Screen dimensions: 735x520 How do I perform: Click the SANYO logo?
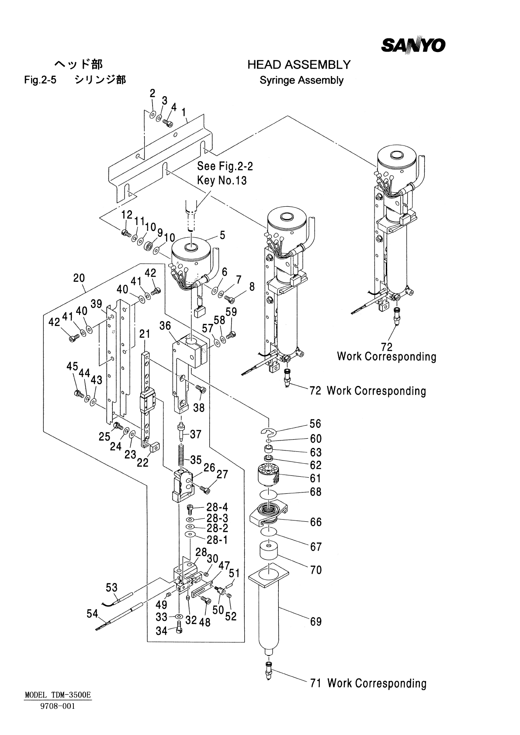click(413, 45)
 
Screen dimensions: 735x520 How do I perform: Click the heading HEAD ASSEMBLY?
click(299, 65)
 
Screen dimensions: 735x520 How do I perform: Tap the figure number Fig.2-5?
click(41, 80)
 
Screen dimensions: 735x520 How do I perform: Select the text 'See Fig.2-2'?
click(225, 166)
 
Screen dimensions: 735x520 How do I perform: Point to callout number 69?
click(316, 621)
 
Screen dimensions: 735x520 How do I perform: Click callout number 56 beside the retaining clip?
click(315, 423)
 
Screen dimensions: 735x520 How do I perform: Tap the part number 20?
click(79, 278)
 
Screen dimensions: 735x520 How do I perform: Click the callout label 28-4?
click(217, 507)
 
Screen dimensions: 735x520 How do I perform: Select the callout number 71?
click(315, 683)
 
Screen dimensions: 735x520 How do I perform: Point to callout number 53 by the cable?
click(111, 587)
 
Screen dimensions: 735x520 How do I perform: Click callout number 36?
click(165, 326)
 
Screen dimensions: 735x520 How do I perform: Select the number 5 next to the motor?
click(222, 236)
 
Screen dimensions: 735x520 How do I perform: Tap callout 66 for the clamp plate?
click(315, 522)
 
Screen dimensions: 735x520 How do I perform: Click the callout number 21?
click(145, 334)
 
